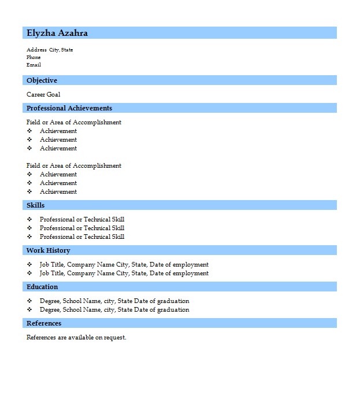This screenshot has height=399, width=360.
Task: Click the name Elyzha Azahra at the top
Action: click(x=57, y=33)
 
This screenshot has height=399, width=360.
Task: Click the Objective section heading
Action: click(x=42, y=80)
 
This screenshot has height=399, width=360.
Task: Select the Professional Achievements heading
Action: click(x=69, y=108)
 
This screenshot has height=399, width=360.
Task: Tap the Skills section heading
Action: click(x=35, y=205)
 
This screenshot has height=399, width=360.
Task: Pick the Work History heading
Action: click(x=49, y=250)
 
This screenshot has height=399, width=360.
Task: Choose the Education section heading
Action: click(x=42, y=287)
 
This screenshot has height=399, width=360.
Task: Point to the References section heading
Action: click(x=44, y=323)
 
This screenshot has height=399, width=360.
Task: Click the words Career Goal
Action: click(x=43, y=94)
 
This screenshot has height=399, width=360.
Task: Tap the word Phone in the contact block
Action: click(x=34, y=57)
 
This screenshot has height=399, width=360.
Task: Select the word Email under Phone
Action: click(x=34, y=65)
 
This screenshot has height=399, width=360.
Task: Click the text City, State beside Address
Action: click(x=61, y=50)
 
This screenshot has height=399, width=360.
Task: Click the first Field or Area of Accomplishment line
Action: click(x=74, y=122)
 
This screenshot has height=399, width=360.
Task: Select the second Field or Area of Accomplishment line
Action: click(x=74, y=165)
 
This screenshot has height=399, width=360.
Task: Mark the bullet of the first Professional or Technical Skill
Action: click(x=29, y=219)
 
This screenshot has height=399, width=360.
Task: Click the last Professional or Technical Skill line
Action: click(x=82, y=237)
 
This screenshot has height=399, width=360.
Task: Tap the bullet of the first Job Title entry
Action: click(x=29, y=264)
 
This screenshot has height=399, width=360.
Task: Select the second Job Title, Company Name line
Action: click(x=124, y=273)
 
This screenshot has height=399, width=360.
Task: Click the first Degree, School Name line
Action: click(x=114, y=301)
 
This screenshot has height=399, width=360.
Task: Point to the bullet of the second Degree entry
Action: click(x=29, y=309)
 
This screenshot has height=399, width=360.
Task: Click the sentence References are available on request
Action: click(x=76, y=337)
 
